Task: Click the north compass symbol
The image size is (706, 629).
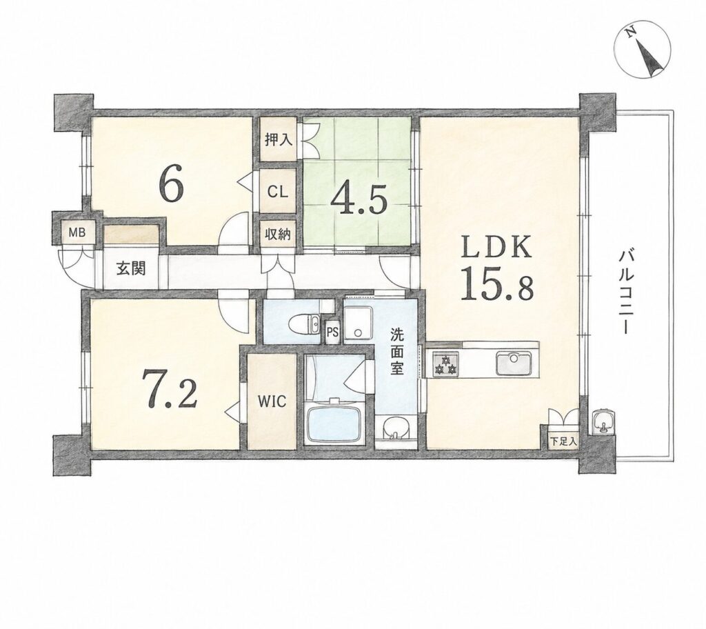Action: (x=643, y=49)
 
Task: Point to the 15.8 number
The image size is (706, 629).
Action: (x=496, y=284)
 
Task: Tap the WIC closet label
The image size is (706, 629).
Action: (x=272, y=401)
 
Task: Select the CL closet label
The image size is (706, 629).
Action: (x=277, y=192)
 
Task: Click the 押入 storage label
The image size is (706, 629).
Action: (x=279, y=140)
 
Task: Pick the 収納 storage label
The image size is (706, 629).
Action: (x=277, y=234)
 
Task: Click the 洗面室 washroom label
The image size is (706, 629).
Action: (x=396, y=352)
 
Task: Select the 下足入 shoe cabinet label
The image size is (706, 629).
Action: (x=563, y=441)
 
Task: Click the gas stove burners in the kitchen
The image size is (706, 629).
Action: (x=445, y=363)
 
